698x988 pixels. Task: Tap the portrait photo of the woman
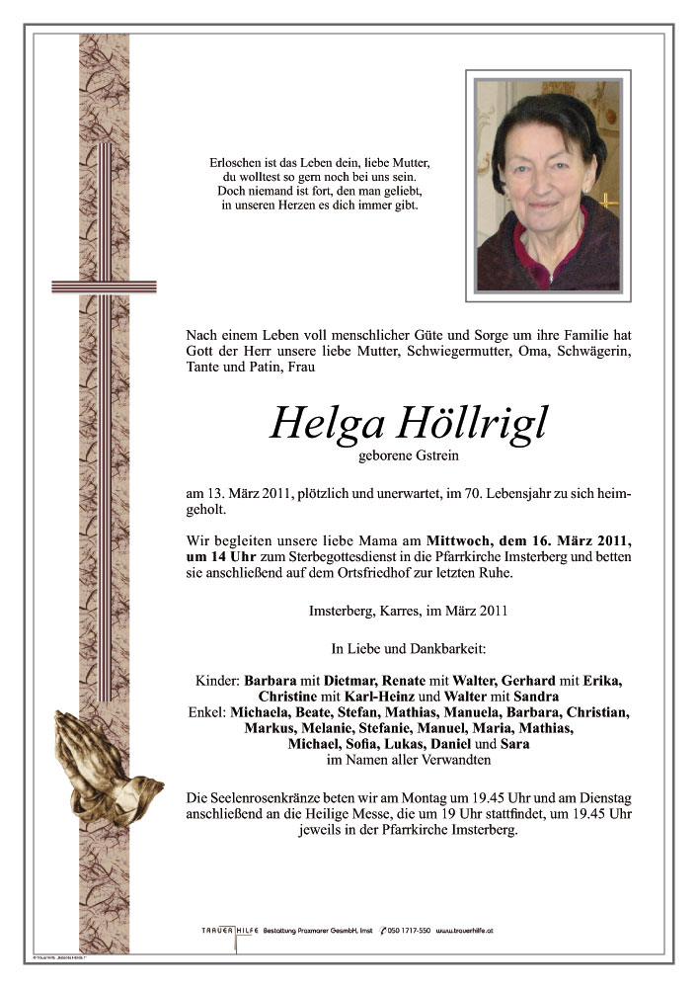tap(546, 185)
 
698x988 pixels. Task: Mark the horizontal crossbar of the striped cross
tap(104, 287)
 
